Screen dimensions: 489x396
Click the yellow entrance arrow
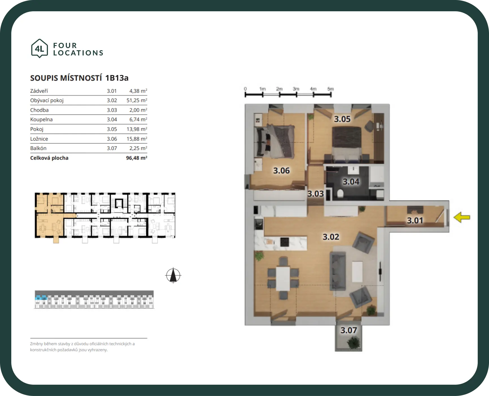tap(462, 217)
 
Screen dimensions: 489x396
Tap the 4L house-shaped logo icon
tap(39, 49)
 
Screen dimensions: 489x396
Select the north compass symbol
tap(173, 275)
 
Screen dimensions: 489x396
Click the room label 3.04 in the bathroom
tap(351, 182)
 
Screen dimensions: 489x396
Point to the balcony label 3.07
tap(349, 330)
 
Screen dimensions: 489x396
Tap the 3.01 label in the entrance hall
tap(415, 220)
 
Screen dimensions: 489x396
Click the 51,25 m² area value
tap(137, 100)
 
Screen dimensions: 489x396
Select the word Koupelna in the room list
tap(41, 120)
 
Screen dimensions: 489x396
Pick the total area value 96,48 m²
tap(136, 158)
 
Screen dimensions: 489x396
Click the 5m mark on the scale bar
tap(331, 89)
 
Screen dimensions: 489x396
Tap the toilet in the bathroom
tap(340, 194)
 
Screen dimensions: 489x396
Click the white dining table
tap(283, 278)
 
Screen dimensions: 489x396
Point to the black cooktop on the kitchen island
tap(284, 242)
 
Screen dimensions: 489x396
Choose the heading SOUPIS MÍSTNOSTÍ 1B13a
tap(79, 78)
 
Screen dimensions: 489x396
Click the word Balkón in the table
tap(38, 148)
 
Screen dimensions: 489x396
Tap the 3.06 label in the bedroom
tap(281, 171)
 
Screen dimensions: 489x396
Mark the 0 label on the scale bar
tap(245, 89)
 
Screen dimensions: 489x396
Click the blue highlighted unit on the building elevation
tap(41, 297)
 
